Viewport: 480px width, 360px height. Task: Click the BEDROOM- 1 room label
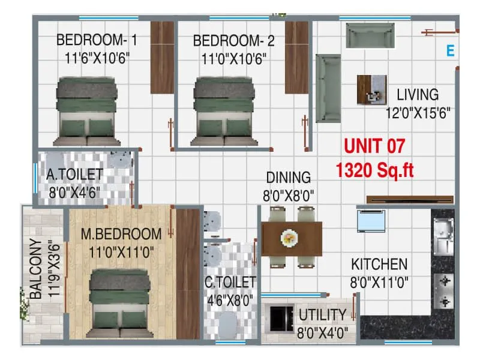point(97,41)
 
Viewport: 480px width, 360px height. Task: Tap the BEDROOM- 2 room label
point(234,41)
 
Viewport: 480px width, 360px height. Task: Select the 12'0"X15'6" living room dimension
point(418,112)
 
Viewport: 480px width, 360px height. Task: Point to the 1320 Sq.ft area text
point(375,171)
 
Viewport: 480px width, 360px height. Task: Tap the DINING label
point(289,178)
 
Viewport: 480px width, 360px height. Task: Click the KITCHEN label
point(379,264)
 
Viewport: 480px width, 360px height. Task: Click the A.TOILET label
point(75,175)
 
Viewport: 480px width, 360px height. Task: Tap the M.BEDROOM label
point(122,233)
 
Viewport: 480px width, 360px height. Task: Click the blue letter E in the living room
point(450,51)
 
